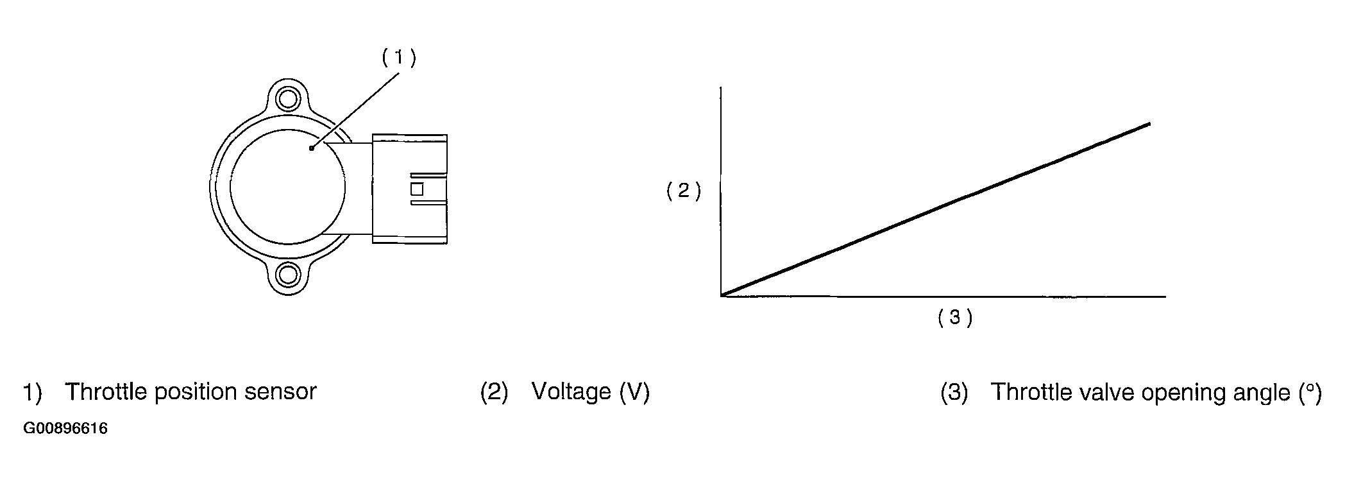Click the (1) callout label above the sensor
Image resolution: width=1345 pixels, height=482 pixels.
399,58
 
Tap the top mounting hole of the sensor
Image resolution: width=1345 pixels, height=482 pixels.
287,99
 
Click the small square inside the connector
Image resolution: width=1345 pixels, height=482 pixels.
417,189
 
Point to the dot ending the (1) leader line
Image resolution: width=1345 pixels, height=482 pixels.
311,148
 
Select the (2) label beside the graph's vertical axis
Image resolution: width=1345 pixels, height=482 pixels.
684,191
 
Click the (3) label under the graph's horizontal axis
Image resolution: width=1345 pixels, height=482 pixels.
955,317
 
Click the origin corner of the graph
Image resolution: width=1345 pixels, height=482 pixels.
722,296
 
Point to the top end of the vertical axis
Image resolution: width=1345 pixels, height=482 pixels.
722,87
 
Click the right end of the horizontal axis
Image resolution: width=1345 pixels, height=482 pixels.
1164,297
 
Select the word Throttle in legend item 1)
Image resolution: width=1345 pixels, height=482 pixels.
105,392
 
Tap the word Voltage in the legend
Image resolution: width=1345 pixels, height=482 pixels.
571,392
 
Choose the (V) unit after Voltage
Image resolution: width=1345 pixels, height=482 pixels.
634,392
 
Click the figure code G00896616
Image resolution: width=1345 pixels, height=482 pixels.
65,428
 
